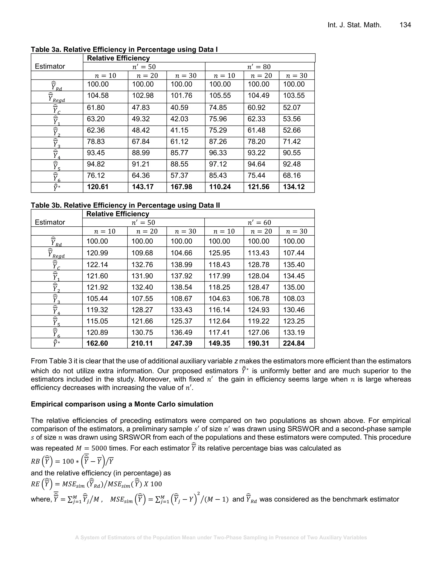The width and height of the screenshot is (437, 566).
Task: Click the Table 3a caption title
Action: coord(124,49)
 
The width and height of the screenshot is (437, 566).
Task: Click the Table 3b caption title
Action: coord(125,205)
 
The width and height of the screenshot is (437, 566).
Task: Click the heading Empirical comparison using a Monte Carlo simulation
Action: coord(122,404)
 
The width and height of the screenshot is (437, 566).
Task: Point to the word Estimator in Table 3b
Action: coord(50,222)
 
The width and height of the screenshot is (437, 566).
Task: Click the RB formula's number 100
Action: coord(68,461)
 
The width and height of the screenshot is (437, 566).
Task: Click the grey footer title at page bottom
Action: coord(221,538)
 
